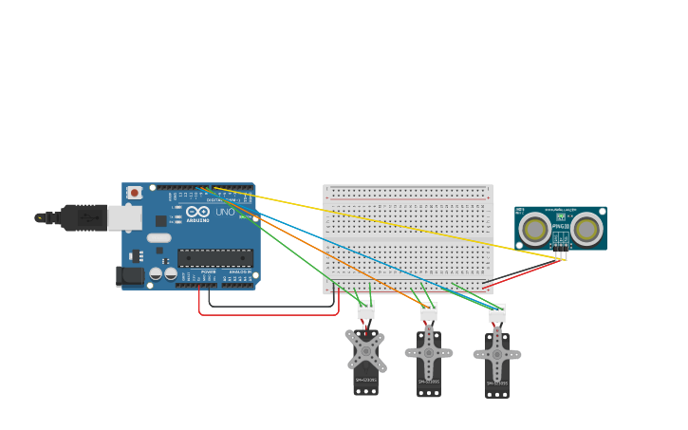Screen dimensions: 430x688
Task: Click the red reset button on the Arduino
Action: [x=135, y=193]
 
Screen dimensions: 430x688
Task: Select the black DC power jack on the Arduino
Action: [x=130, y=276]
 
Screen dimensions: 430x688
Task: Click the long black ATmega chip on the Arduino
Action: [x=215, y=257]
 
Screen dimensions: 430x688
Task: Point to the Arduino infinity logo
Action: [x=197, y=213]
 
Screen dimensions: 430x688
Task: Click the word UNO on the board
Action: [x=225, y=213]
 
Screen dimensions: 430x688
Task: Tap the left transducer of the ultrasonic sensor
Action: [x=535, y=229]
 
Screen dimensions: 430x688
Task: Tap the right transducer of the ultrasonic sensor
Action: [x=586, y=229]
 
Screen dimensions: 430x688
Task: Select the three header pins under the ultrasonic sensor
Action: [x=561, y=253]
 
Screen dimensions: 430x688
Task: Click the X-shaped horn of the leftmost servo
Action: [x=366, y=351]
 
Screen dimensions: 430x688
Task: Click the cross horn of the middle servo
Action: [x=429, y=352]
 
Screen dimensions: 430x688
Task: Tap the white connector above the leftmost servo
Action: [x=366, y=309]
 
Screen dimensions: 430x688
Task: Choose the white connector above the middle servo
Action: [x=429, y=311]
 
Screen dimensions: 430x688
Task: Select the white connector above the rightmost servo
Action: [x=497, y=312]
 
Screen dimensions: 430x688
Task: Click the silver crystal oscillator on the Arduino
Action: [x=159, y=238]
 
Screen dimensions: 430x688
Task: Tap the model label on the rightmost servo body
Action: [x=497, y=383]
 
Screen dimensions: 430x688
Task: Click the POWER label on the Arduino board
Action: [x=208, y=271]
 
